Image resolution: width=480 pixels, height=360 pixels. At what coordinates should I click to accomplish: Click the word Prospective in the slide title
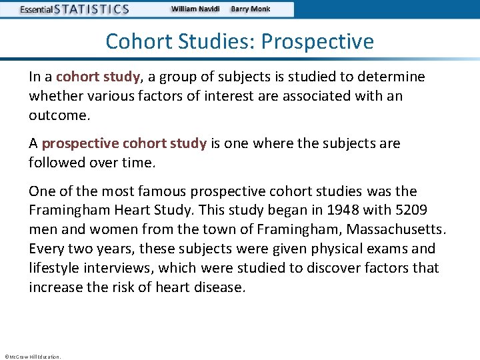[317, 42]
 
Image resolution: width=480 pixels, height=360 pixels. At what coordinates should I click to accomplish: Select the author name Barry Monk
[251, 9]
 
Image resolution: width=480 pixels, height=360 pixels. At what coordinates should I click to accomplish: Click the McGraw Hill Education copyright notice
[32, 356]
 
